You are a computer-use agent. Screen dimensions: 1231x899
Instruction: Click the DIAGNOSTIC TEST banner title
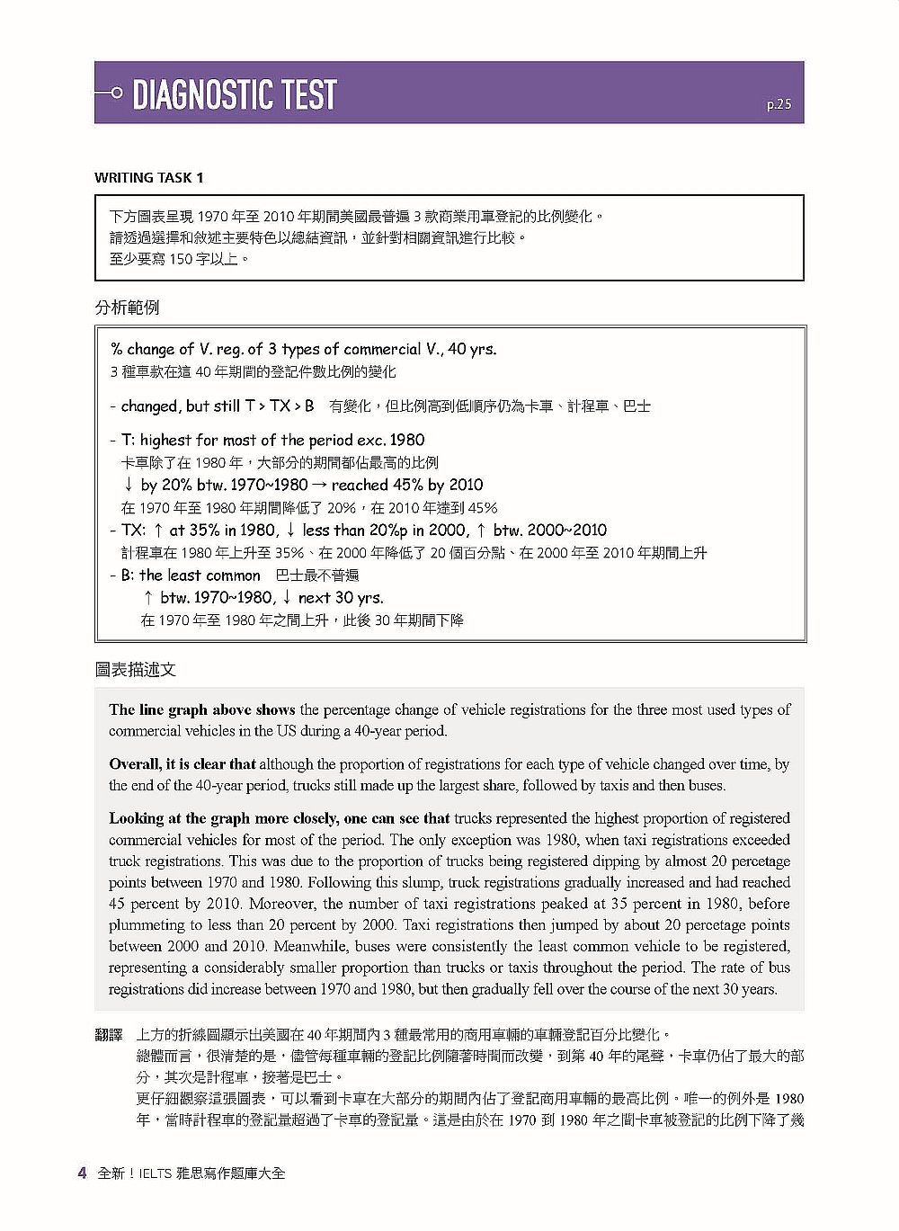234,94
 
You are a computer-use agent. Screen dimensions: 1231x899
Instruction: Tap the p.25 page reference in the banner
779,105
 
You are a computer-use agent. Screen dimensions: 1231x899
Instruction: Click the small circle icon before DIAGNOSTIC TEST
116,94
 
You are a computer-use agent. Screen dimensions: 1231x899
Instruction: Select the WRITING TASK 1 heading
148,178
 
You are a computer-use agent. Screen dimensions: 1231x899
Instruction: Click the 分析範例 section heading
127,308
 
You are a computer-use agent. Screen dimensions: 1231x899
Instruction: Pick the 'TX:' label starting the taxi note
133,530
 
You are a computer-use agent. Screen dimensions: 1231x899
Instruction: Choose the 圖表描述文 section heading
136,669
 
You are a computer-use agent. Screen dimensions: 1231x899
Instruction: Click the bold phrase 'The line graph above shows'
202,709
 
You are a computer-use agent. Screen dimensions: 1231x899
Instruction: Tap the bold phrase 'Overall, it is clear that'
182,764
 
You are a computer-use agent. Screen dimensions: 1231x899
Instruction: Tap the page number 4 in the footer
82,1173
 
